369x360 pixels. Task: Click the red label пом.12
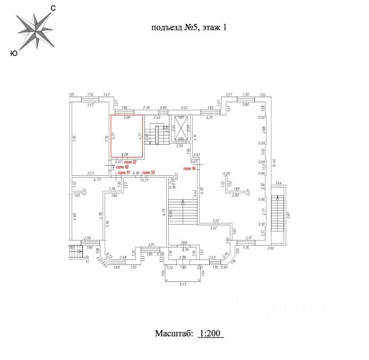pos(131,161)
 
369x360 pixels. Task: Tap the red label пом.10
pos(123,167)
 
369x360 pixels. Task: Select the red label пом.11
pos(124,173)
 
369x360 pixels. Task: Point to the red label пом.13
pos(149,173)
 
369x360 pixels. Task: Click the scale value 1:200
pos(211,334)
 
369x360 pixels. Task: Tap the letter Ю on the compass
pos(13,53)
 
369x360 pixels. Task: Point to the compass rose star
pos(35,30)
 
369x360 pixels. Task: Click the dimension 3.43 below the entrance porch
pos(182,285)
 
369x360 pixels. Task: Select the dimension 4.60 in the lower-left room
pos(75,216)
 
